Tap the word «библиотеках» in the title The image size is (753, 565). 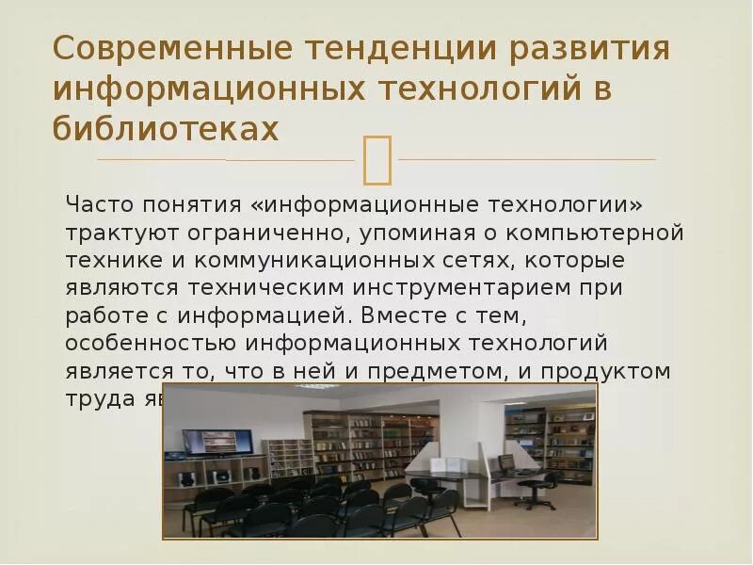(x=166, y=129)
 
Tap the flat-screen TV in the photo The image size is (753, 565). (x=217, y=442)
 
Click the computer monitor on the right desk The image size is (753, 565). (x=505, y=461)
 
